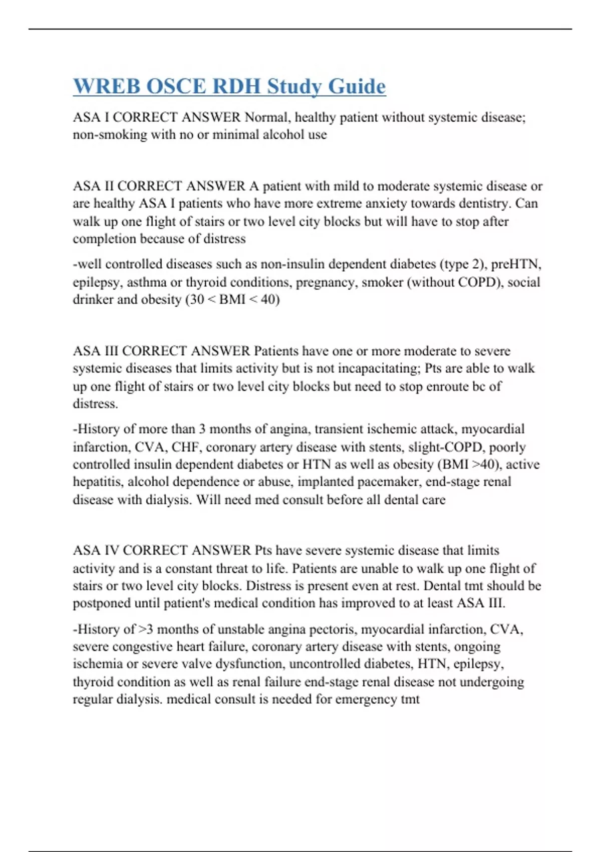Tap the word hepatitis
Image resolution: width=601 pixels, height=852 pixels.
click(x=98, y=482)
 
